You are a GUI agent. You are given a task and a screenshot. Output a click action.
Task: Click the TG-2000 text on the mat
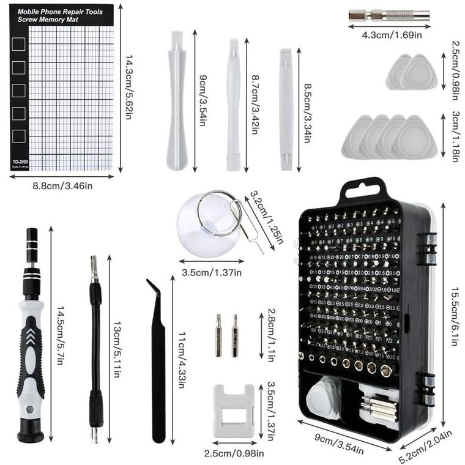pos(21,162)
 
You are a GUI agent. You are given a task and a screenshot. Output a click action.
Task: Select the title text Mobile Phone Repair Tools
pos(60,11)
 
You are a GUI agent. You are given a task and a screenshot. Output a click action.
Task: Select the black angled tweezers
pos(158,361)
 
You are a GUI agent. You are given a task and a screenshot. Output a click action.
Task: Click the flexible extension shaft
pos(95,349)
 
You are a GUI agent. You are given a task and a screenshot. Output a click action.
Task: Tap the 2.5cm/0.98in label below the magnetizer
pos(234,453)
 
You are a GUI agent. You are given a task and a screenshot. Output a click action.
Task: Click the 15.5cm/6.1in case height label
pos(453,310)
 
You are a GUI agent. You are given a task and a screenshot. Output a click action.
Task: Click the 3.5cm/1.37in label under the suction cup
pos(212,272)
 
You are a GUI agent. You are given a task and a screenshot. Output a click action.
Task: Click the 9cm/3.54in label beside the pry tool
pos(201,100)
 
